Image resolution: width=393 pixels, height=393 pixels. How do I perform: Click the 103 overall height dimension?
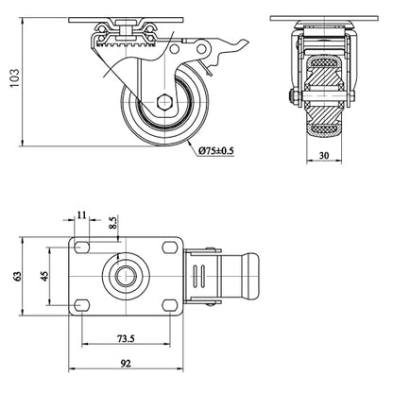pos(15,77)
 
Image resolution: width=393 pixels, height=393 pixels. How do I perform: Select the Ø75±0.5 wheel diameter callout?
pos(216,151)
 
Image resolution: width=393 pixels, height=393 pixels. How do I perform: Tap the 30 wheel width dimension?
pos(324,155)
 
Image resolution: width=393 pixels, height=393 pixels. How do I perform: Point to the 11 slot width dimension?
pos(81,214)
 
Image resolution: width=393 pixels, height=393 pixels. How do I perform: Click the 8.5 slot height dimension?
pos(113,223)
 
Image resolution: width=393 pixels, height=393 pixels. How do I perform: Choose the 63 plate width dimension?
pos(17,276)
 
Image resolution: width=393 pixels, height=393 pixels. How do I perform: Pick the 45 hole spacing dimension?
pos(45,276)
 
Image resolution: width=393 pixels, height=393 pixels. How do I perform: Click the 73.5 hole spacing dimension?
pos(126,339)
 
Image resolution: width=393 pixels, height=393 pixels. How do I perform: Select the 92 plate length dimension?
pos(126,364)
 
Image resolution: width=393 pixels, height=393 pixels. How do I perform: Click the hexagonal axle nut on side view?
pos(164,101)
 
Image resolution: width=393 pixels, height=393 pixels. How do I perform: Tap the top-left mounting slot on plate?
pos(82,248)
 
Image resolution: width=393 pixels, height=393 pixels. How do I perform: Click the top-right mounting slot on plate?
pos(169,248)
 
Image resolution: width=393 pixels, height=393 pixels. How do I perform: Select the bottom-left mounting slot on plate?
pos(82,305)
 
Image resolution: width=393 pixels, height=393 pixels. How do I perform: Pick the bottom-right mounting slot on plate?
pos(169,305)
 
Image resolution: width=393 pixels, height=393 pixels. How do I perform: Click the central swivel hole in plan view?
pos(126,276)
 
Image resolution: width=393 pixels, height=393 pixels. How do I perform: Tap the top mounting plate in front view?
pos(324,18)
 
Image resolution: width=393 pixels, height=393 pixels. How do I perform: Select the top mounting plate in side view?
pos(126,20)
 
